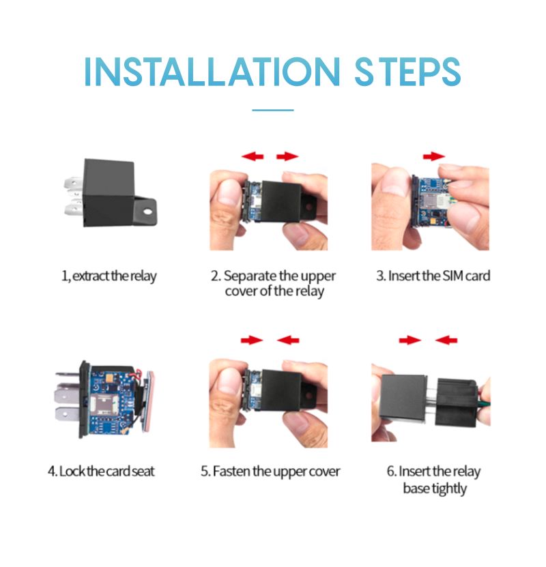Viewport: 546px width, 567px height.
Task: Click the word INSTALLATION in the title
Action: (x=212, y=72)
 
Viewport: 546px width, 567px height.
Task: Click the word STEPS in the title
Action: (x=407, y=72)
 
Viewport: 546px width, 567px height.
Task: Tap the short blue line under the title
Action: (x=272, y=110)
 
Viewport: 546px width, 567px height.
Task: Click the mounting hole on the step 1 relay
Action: (x=147, y=211)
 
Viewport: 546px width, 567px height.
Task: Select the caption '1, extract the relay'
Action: (x=109, y=276)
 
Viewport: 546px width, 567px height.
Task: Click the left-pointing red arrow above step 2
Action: (x=253, y=156)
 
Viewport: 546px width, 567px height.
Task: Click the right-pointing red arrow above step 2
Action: (x=287, y=156)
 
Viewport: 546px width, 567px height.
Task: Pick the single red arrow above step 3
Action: (x=434, y=156)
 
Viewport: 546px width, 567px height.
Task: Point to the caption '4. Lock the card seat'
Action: (x=101, y=471)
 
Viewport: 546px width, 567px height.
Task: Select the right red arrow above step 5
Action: (x=288, y=340)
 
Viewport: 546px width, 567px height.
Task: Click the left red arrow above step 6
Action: (x=410, y=340)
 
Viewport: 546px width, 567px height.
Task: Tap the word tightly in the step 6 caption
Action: (x=450, y=489)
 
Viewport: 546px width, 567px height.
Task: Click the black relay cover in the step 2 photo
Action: (x=282, y=201)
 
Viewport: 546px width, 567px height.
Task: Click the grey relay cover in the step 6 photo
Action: (x=403, y=397)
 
